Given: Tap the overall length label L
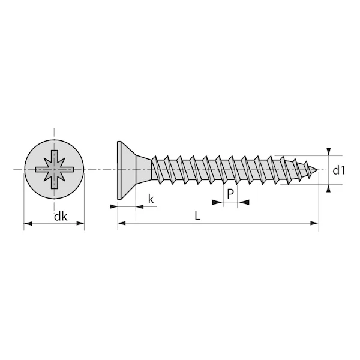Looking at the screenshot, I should [x=197, y=216].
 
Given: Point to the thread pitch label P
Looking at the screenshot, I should [x=230, y=194].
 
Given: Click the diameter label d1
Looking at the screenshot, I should [x=340, y=170].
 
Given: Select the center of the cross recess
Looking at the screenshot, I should [x=54, y=170].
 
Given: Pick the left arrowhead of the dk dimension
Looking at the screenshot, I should [x=28, y=225].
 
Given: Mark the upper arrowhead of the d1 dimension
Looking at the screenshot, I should [x=328, y=151].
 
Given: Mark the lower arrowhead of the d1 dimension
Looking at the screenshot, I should [x=328, y=189].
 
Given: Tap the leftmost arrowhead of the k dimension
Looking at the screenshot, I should [x=113, y=206].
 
